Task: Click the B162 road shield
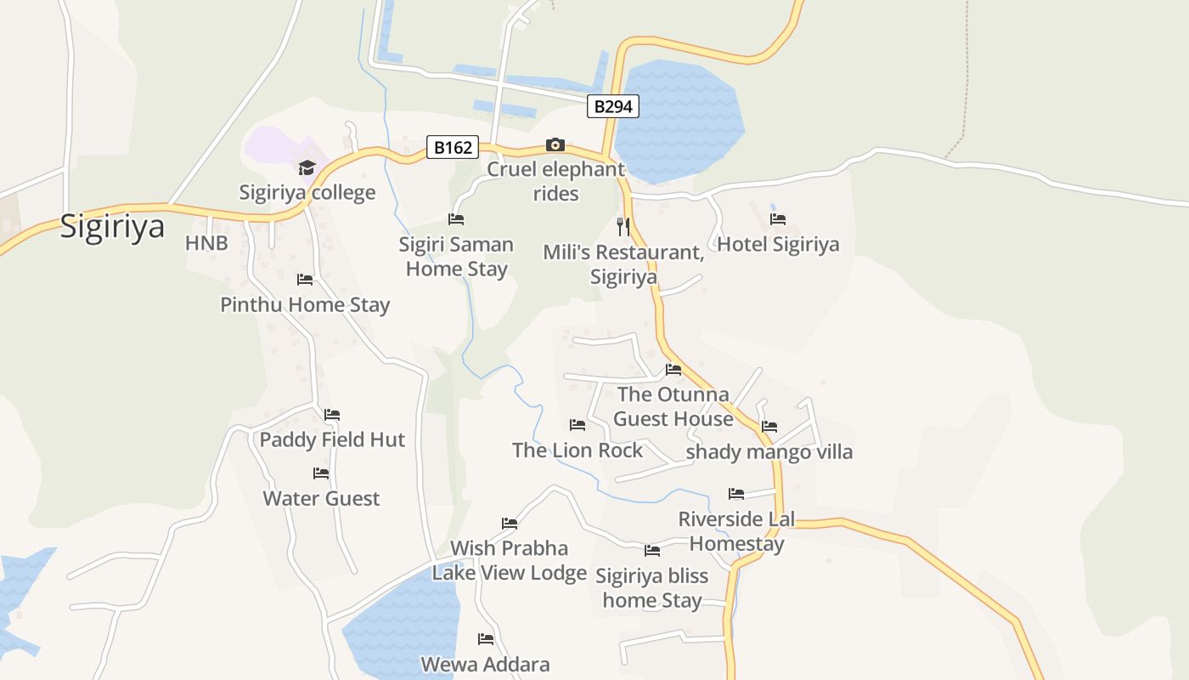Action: click(453, 147)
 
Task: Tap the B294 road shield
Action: click(612, 106)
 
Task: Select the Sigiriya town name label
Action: click(111, 228)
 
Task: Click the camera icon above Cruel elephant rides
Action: click(555, 145)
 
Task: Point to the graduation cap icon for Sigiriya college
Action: click(307, 167)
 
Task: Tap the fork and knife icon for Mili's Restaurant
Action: click(623, 226)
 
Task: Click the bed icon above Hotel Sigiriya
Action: click(777, 219)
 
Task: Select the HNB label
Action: click(206, 244)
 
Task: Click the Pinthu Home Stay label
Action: click(305, 305)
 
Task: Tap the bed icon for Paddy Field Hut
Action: click(332, 415)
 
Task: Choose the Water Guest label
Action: click(321, 499)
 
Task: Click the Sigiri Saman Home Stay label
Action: click(456, 257)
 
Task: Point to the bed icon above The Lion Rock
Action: click(578, 425)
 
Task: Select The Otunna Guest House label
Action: click(673, 406)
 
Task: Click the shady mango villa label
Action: click(769, 452)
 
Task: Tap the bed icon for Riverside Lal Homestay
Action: click(736, 494)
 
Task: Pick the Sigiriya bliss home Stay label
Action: click(651, 588)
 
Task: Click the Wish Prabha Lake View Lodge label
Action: click(509, 560)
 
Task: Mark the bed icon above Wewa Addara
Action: click(486, 639)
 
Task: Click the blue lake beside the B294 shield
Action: click(679, 119)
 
